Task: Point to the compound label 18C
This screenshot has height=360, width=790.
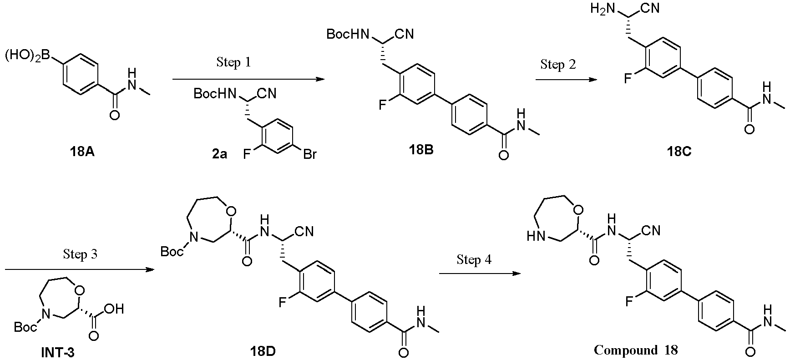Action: tap(679, 152)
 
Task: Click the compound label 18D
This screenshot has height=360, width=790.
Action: tap(263, 351)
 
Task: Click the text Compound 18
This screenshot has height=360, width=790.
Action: tap(635, 350)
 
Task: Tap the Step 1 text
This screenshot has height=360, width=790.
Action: tap(233, 62)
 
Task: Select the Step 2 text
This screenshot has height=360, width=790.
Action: tap(558, 65)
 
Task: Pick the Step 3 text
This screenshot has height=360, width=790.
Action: tap(80, 254)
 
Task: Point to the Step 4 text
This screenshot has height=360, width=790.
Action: tap(474, 260)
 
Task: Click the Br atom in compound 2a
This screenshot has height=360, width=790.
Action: tap(309, 155)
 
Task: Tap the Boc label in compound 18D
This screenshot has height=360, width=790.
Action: tap(172, 250)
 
